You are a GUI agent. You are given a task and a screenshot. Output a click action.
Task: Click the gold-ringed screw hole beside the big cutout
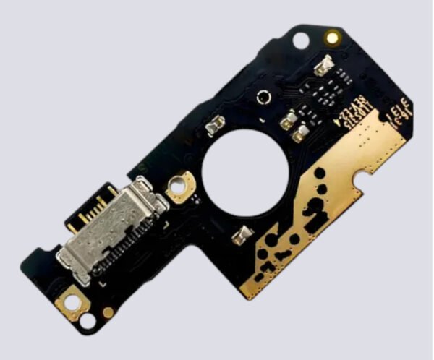[x=177, y=186]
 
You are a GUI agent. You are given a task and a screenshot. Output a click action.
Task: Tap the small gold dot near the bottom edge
[x=108, y=312]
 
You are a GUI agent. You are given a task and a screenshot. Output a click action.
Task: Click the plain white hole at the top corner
[x=300, y=41]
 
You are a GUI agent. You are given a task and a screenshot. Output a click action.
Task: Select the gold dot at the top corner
[x=333, y=36]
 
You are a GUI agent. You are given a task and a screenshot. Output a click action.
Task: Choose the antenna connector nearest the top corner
[x=323, y=68]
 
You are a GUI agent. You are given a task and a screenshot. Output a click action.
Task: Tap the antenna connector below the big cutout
[x=244, y=234]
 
